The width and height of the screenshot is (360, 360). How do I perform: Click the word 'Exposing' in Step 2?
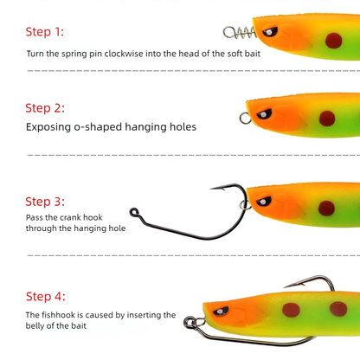coord(48,127)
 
